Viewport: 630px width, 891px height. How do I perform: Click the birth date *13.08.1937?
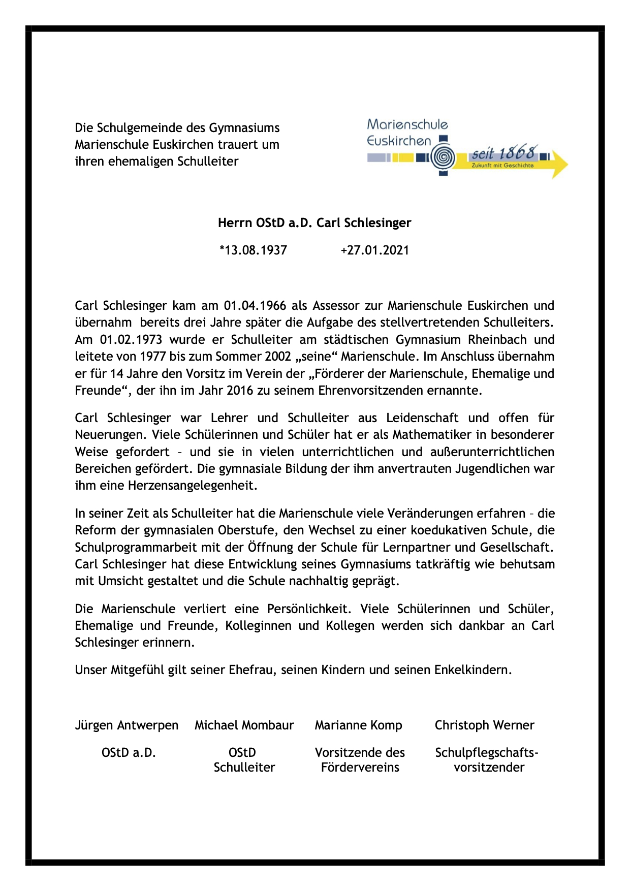pos(253,250)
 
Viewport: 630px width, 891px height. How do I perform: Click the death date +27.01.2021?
pos(374,250)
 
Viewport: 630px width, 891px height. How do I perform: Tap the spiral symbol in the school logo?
pos(443,158)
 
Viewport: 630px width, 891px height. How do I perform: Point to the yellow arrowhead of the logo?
pos(559,164)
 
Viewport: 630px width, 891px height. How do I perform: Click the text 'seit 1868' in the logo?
pos(503,153)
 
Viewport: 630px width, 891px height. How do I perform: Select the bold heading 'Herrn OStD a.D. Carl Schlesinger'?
pos(314,223)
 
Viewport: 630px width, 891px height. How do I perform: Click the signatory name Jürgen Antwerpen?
pos(127,725)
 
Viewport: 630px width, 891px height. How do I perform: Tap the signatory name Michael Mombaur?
pos(244,725)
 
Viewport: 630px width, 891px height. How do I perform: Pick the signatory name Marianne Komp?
pos(358,725)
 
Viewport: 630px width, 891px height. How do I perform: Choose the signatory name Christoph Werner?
pos(484,725)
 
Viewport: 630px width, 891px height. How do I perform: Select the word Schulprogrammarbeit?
pos(130,548)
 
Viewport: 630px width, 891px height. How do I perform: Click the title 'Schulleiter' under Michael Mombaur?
pos(244,768)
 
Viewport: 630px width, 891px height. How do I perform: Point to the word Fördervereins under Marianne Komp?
pos(360,768)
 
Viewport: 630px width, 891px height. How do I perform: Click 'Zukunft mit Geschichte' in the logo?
pos(502,166)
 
